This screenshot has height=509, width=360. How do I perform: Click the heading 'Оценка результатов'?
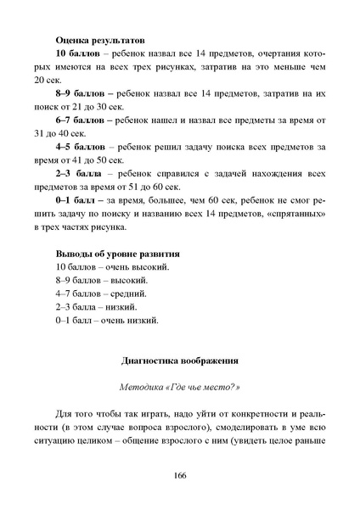[100, 40]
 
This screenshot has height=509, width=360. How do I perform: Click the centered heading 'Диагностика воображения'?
[180, 360]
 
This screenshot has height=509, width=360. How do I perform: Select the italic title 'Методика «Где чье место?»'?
[179, 384]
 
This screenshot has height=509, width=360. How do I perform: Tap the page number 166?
[179, 476]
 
